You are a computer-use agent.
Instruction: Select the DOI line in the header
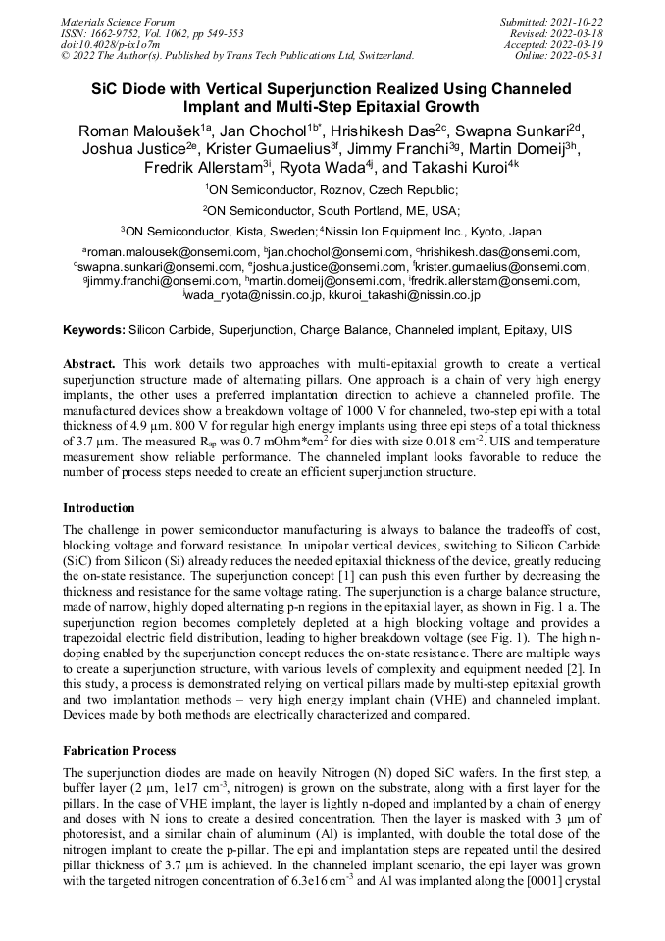tap(107, 44)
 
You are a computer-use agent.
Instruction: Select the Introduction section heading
tap(99, 508)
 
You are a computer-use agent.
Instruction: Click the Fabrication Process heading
tap(120, 751)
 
